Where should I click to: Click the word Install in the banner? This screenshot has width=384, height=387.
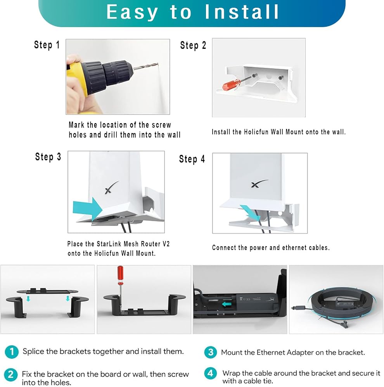pyautogui.click(x=242, y=12)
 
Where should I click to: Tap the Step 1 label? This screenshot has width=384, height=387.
pyautogui.click(x=47, y=45)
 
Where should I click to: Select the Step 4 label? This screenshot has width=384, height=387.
pyautogui.click(x=192, y=159)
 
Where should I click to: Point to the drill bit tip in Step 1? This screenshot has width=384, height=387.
pyautogui.click(x=157, y=64)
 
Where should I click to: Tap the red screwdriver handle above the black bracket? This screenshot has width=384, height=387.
pyautogui.click(x=120, y=273)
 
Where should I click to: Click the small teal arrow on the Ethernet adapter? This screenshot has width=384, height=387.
pyautogui.click(x=227, y=304)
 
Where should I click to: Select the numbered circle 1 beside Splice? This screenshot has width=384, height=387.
pyautogui.click(x=12, y=351)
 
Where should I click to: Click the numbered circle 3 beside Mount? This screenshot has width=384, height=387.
pyautogui.click(x=211, y=352)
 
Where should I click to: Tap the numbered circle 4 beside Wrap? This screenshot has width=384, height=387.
pyautogui.click(x=211, y=373)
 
